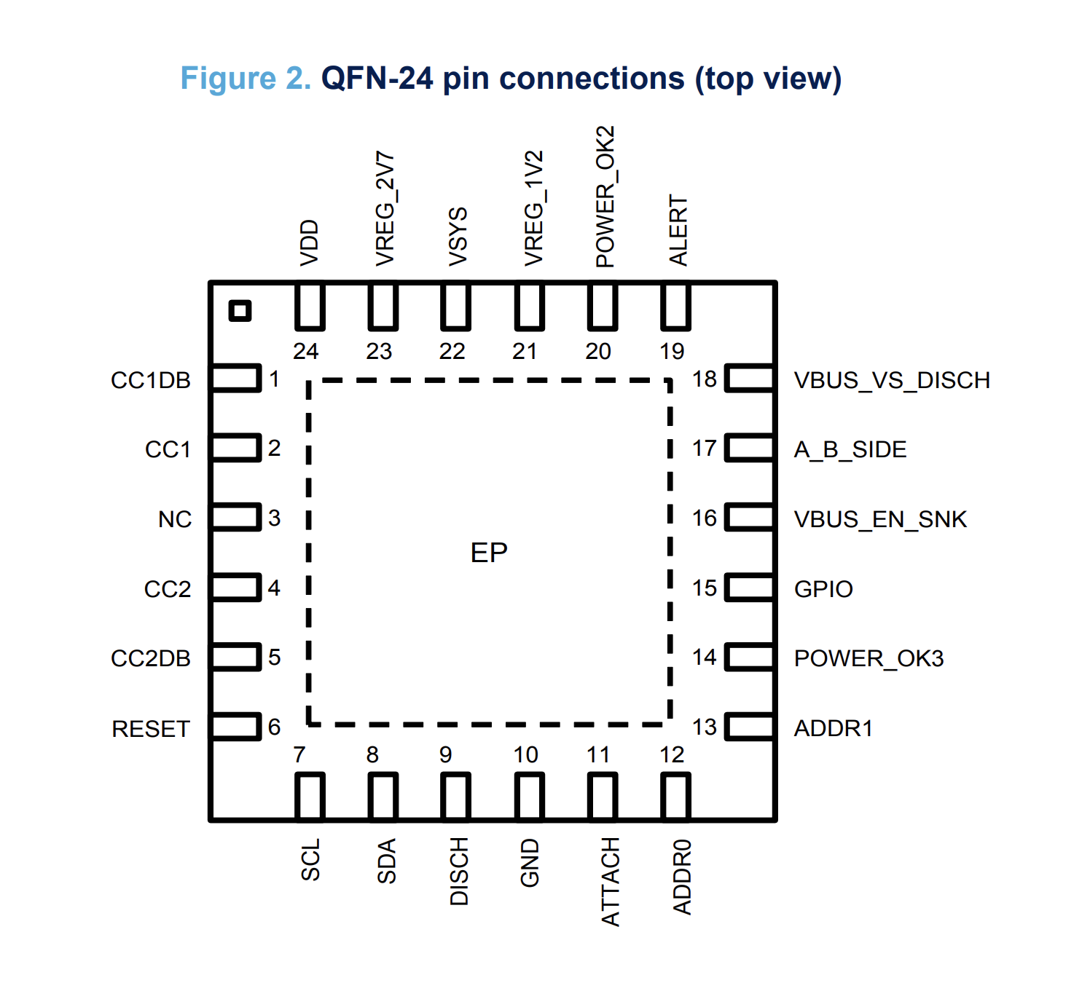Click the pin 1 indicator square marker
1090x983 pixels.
tap(240, 311)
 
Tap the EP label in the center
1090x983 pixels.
tap(489, 553)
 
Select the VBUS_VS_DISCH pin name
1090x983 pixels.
tap(892, 380)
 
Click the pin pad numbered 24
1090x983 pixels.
tap(310, 307)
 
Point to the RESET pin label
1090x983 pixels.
tap(151, 729)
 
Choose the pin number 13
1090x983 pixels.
tap(705, 727)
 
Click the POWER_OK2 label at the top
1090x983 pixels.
tap(605, 197)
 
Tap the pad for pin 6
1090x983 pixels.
tap(235, 727)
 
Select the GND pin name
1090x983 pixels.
tap(530, 863)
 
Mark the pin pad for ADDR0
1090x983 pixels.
tap(675, 797)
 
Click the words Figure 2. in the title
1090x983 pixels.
tap(246, 79)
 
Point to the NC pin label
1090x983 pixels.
tap(175, 519)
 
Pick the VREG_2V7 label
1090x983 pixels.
tap(385, 209)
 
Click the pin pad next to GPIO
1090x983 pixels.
tap(750, 588)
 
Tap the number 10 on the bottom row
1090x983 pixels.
tap(525, 754)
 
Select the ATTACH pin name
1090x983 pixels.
tap(611, 882)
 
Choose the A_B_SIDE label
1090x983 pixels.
tap(850, 449)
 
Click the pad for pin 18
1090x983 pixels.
tap(750, 379)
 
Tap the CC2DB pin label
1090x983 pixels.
tap(151, 658)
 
